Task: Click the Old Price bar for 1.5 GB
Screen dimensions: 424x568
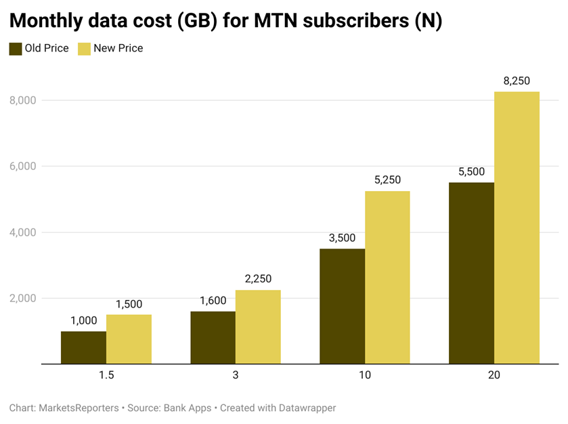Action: coord(83,347)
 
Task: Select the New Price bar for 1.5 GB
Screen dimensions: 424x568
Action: coord(129,339)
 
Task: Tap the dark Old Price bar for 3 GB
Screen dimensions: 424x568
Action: coord(213,337)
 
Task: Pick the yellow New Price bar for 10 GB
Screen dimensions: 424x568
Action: coord(387,278)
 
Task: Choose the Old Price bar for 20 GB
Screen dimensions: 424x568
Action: coord(472,273)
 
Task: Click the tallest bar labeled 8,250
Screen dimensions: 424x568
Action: coord(517,228)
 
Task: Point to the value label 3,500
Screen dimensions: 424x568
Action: coord(343,238)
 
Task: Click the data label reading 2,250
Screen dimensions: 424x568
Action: coord(258,279)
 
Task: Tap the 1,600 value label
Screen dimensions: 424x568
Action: coord(213,301)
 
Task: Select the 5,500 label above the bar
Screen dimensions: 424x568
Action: coord(472,171)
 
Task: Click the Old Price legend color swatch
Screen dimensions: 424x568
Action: coord(15,48)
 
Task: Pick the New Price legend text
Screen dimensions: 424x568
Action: coord(119,48)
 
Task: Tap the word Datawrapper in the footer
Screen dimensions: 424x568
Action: coord(303,408)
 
